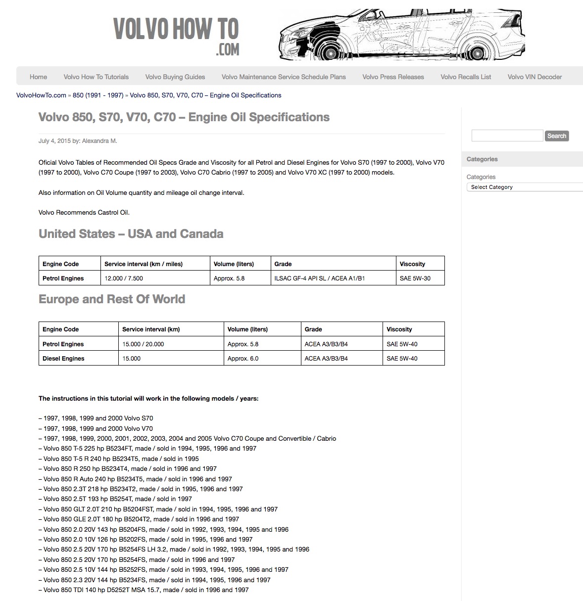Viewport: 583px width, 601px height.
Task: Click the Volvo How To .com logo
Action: coord(176,35)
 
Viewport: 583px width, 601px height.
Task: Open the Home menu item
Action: coord(38,77)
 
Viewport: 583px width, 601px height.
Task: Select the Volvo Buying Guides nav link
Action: coord(175,77)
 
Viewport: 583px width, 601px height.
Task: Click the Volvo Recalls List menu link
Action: coord(466,77)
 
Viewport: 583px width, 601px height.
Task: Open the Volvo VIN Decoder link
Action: coord(534,77)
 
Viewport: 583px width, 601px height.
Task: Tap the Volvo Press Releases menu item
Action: coord(393,77)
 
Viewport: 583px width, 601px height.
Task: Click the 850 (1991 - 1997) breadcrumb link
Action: coord(98,95)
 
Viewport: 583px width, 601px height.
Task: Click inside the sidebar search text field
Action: coord(507,136)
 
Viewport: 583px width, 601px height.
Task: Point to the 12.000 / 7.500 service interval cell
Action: coord(124,278)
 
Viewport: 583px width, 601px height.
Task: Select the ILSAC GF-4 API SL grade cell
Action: coord(320,278)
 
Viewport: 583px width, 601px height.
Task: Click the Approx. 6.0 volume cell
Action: coord(243,359)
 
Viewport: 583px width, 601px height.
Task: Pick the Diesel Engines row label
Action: coord(63,359)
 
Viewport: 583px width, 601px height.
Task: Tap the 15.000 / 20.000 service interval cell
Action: coord(144,344)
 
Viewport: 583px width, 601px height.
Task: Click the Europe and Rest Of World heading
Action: coord(112,299)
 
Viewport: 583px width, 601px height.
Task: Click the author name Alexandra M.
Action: coord(99,141)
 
